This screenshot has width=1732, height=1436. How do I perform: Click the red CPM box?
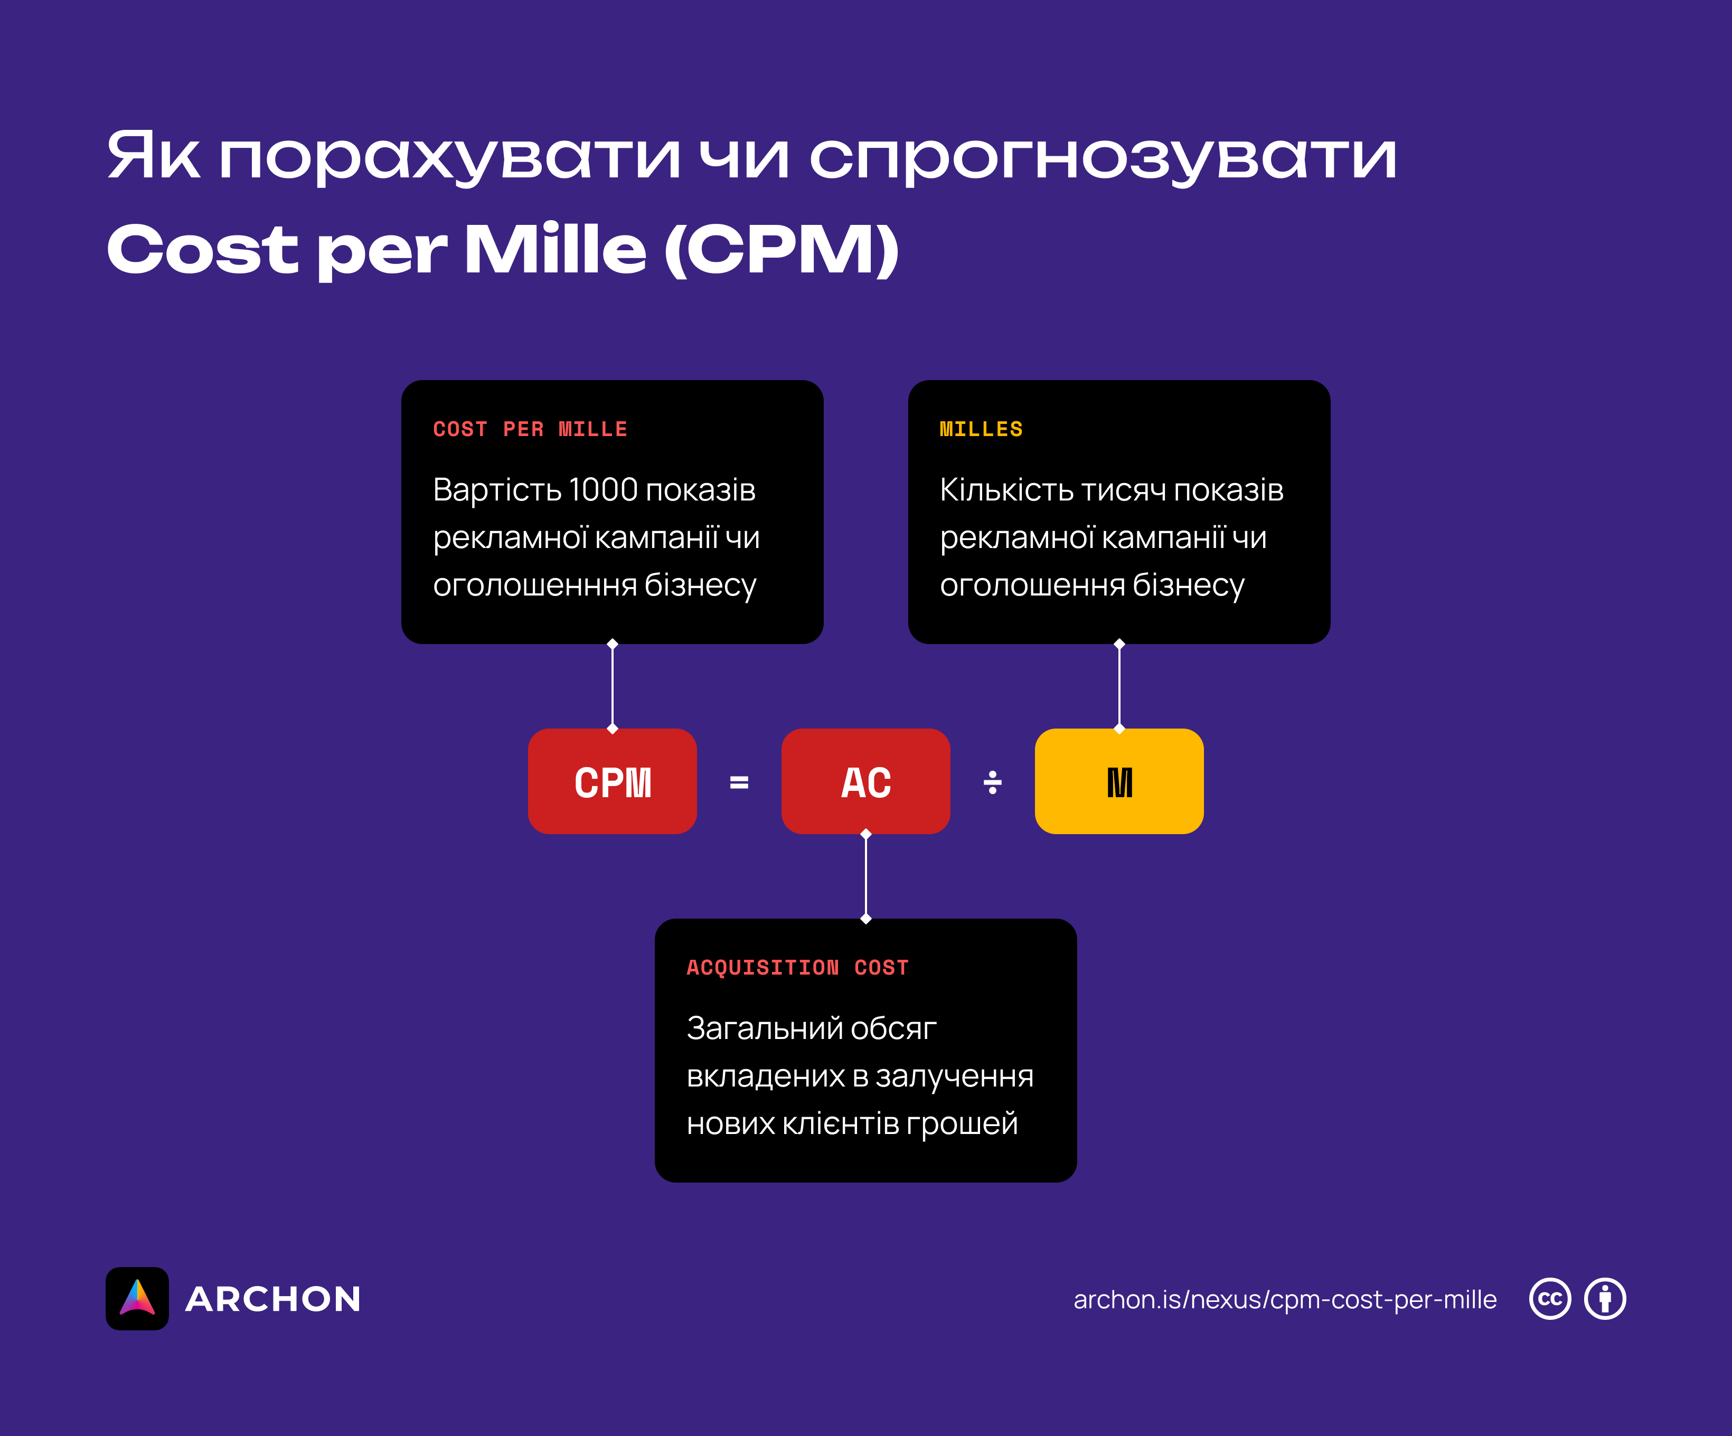point(612,781)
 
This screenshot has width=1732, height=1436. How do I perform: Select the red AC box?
point(865,781)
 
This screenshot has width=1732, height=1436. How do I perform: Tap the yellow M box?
point(1118,781)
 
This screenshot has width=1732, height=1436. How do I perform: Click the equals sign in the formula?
point(739,782)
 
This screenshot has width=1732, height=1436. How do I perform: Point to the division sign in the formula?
point(992,782)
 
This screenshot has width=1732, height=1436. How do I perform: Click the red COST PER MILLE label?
point(530,429)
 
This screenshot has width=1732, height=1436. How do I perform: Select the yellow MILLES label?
point(981,429)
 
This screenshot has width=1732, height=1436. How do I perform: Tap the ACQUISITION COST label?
point(797,968)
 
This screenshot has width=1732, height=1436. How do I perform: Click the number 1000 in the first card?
point(603,490)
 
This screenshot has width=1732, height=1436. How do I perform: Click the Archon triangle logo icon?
point(137,1298)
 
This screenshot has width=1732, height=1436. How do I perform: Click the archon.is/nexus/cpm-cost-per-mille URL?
point(1284,1299)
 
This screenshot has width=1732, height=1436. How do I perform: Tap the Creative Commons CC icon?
point(1550,1299)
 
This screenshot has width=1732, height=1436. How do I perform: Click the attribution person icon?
point(1605,1299)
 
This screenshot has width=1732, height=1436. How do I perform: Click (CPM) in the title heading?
point(781,249)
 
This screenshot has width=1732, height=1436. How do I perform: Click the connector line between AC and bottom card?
point(865,876)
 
